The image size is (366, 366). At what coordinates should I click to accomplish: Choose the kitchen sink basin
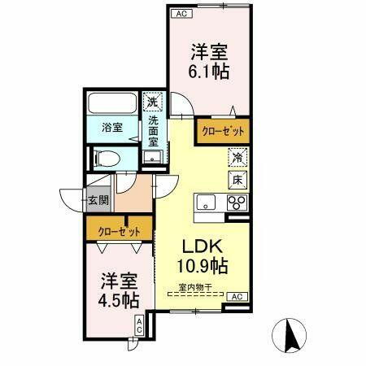205,202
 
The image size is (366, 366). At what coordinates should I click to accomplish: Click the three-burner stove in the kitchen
237,202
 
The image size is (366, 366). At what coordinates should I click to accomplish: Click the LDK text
201,246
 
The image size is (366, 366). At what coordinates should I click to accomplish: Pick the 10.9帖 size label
202,265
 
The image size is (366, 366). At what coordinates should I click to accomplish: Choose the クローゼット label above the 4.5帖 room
119,231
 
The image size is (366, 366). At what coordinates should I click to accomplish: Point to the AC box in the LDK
237,297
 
